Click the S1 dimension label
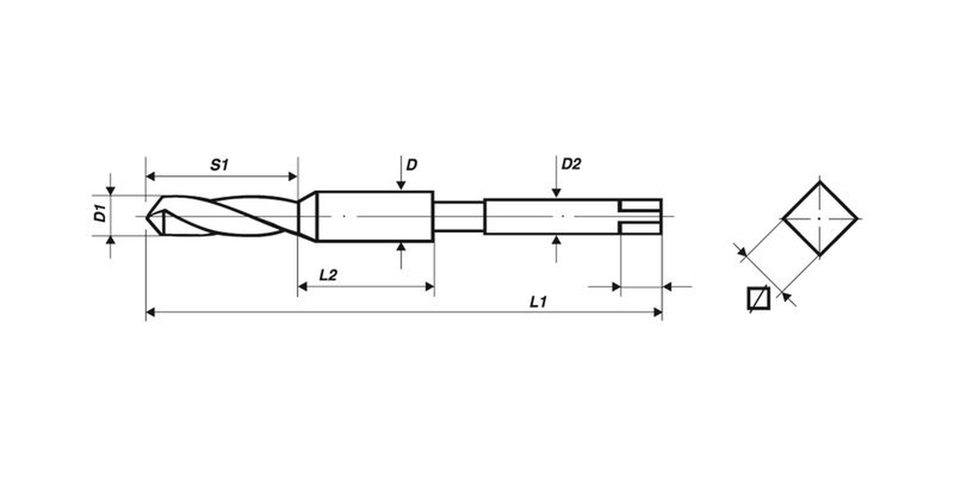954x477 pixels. [x=219, y=165]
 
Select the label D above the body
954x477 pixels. [x=411, y=165]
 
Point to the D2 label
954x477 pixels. [x=571, y=164]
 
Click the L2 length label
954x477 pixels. [x=328, y=275]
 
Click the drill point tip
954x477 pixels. [x=147, y=216]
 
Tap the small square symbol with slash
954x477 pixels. [x=758, y=298]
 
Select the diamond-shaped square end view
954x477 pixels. [x=820, y=219]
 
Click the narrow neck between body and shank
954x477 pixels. [x=458, y=216]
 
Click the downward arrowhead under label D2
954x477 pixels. [x=556, y=193]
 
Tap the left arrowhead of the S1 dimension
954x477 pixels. [x=150, y=176]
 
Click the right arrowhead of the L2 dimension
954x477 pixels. [x=430, y=286]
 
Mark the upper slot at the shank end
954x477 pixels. [x=641, y=205]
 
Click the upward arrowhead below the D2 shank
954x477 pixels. [x=556, y=240]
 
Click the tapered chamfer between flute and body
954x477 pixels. [x=307, y=216]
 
